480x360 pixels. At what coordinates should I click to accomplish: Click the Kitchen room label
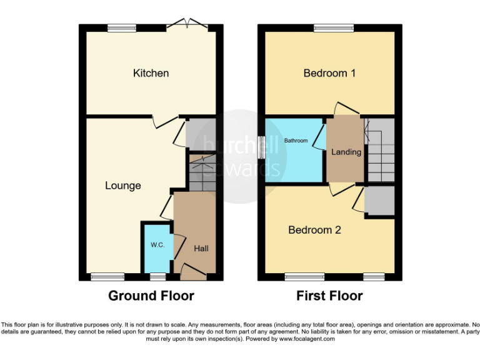(x=151, y=73)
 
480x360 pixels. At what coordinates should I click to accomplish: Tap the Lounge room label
(x=122, y=186)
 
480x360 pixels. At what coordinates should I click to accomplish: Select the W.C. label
(x=157, y=245)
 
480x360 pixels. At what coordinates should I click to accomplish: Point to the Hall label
(x=201, y=249)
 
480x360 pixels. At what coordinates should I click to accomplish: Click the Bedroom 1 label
(x=329, y=73)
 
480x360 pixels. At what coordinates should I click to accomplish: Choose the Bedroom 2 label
(x=314, y=230)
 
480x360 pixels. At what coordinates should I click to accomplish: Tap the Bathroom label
(x=296, y=141)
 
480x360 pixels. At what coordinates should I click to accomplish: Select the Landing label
(x=346, y=152)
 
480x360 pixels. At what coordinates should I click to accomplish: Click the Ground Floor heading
(x=151, y=296)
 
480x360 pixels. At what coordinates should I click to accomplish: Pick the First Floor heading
(x=329, y=296)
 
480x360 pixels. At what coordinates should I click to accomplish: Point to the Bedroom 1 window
(x=333, y=27)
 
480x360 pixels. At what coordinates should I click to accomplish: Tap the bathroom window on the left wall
(x=261, y=146)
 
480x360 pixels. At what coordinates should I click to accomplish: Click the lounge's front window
(x=103, y=276)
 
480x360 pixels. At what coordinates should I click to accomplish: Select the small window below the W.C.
(x=157, y=276)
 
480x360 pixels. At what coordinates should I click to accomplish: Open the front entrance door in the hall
(x=192, y=271)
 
